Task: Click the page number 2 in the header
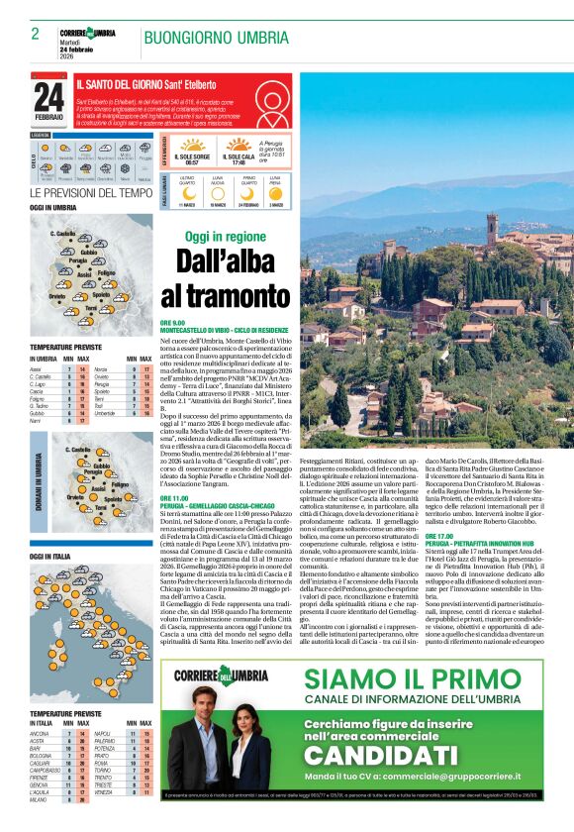tap(36, 34)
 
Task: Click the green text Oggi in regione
tap(225, 237)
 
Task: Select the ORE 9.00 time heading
tap(172, 323)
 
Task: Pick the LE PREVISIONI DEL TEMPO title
tap(90, 192)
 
